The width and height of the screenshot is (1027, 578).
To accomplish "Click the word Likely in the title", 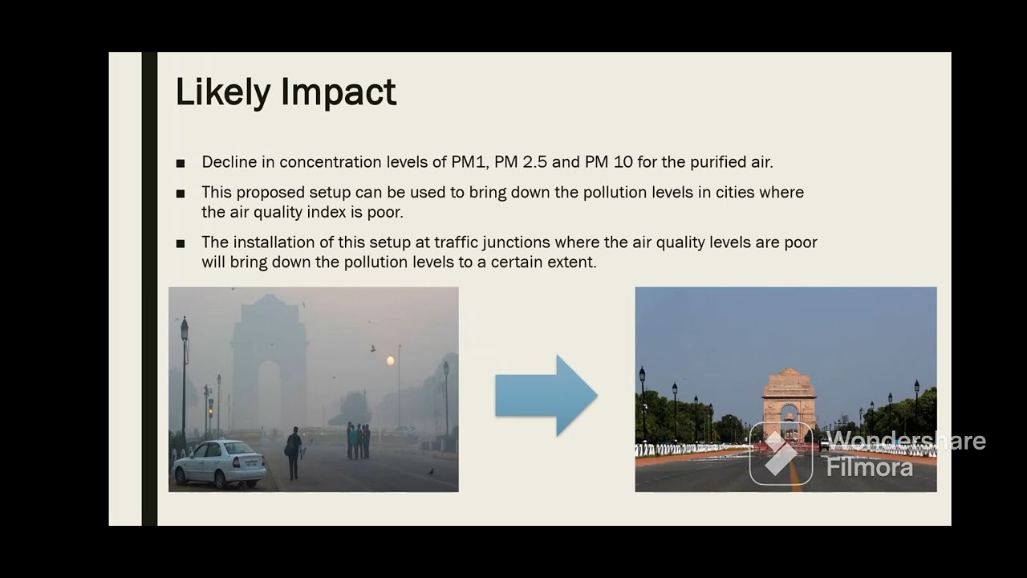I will click(223, 93).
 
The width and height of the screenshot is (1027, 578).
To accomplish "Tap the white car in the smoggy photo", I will click(218, 463).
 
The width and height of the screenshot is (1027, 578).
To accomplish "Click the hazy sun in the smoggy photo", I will click(391, 361).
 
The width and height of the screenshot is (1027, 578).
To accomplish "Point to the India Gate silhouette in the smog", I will click(269, 353).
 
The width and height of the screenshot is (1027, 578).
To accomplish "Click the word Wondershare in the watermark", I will click(905, 441).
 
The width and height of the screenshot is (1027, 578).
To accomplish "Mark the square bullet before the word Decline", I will click(181, 164).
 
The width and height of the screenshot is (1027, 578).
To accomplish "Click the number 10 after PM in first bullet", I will click(623, 162).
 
